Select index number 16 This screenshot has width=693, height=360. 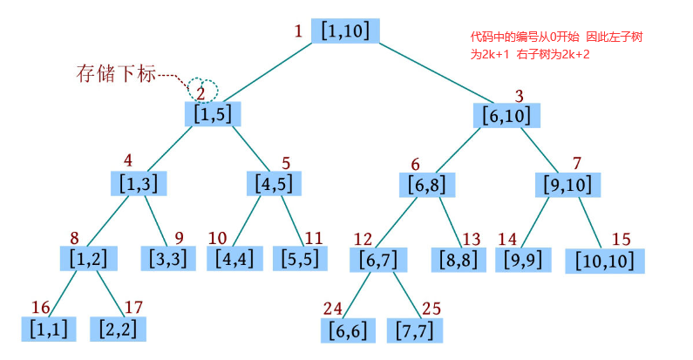(x=41, y=307)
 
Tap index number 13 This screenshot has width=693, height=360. (x=472, y=239)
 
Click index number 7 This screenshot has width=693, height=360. (x=576, y=163)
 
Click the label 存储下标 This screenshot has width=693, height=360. (x=116, y=74)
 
